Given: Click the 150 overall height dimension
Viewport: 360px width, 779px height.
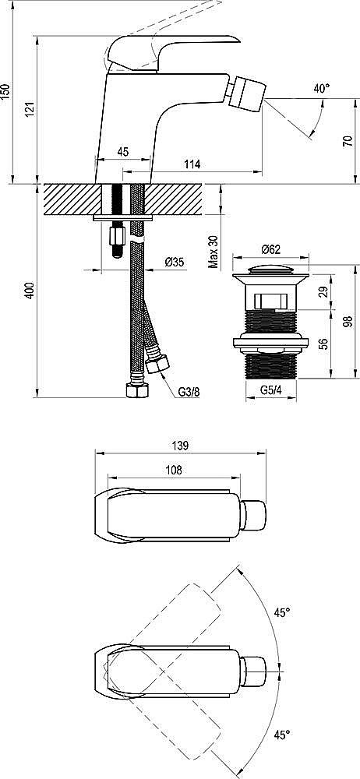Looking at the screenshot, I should (x=6, y=90).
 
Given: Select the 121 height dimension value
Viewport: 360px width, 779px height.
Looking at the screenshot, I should (x=30, y=110).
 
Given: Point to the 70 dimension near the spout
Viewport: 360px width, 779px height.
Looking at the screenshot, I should (x=348, y=140).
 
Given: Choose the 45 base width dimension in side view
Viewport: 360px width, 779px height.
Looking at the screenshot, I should (x=123, y=152).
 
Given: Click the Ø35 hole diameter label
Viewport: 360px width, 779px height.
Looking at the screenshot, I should (x=175, y=263).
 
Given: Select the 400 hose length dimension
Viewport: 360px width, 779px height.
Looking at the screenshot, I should (x=30, y=291).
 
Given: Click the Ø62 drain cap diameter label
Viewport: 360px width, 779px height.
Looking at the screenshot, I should (x=270, y=249).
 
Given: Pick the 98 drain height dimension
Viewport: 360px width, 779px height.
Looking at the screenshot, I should (x=348, y=320).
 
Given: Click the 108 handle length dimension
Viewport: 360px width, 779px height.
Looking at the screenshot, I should (x=174, y=470).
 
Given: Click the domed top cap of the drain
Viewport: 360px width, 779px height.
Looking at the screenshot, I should (x=270, y=273).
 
